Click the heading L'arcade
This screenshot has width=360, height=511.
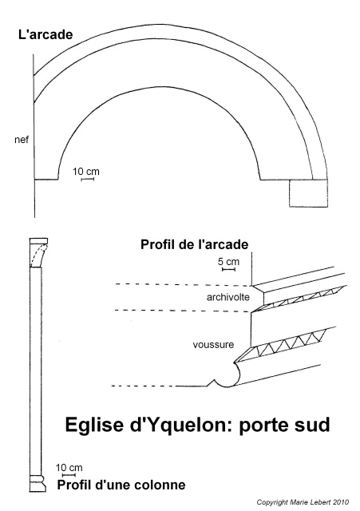tap(45, 34)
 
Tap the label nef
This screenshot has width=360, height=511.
tap(22, 140)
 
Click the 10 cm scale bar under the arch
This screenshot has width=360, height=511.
tap(87, 179)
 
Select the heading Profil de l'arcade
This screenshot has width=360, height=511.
tap(194, 244)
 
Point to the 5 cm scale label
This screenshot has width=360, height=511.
tap(228, 261)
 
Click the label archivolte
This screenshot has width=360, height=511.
tap(228, 297)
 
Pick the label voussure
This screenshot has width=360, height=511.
tap(213, 344)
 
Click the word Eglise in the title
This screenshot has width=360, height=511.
tap(95, 425)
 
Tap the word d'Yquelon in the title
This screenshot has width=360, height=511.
tap(180, 425)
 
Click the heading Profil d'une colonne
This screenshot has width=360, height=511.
tap(121, 485)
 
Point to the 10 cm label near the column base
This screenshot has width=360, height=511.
tap(69, 468)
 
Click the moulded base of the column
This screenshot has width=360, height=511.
tap(38, 483)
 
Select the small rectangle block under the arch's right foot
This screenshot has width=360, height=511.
tap(308, 193)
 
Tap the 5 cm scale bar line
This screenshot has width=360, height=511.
tap(228, 269)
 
